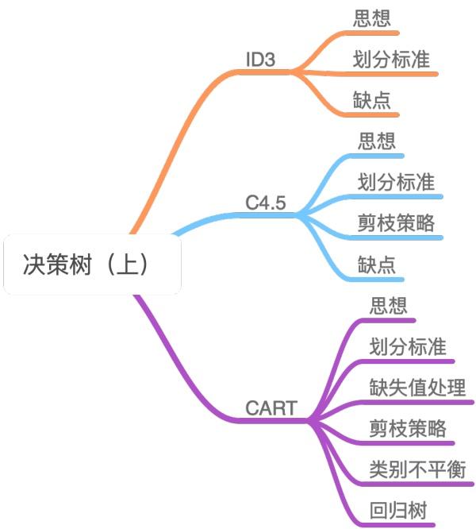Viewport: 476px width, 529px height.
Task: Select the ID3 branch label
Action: coord(261,60)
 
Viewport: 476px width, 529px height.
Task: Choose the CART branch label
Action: coord(271,408)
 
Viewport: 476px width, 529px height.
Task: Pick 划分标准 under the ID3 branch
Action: coord(392,60)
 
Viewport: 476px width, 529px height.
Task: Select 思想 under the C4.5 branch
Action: coord(377,141)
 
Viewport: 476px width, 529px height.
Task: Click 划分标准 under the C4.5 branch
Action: coord(396,182)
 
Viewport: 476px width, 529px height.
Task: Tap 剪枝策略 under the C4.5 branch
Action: coord(396,223)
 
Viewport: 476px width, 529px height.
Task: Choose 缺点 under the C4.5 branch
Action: coord(377,264)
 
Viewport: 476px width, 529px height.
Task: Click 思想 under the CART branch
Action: coord(389,305)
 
